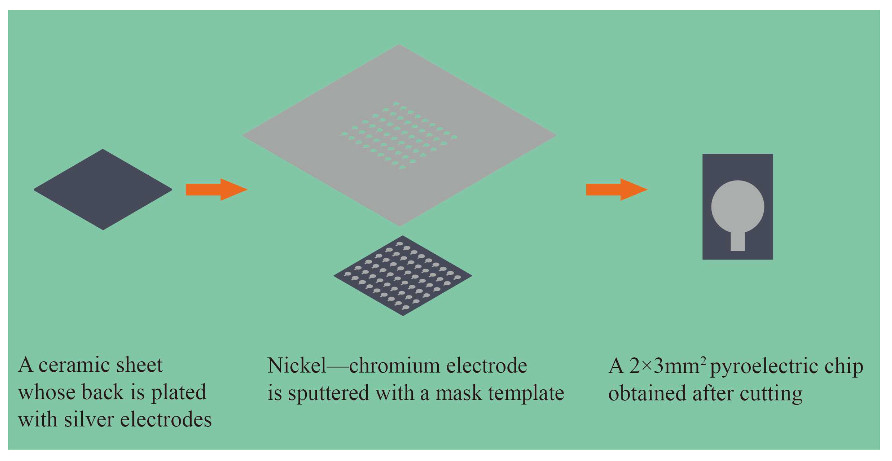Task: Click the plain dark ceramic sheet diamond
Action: click(103, 189)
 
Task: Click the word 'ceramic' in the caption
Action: click(75, 365)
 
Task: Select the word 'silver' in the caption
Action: click(89, 420)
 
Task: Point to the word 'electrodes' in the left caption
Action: click(166, 420)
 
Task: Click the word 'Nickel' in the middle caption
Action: click(297, 366)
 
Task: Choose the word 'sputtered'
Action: click(328, 393)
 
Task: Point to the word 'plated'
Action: click(178, 393)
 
